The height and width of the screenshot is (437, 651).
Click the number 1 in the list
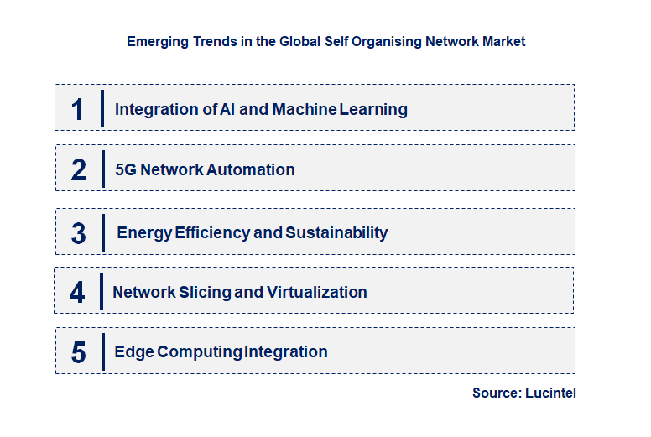(78, 109)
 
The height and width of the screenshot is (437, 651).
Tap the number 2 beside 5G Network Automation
(79, 169)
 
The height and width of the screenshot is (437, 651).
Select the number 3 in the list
(79, 233)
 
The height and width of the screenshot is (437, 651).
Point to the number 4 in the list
(77, 292)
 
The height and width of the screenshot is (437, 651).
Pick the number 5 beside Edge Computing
(79, 352)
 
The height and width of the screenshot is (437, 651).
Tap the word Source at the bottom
(495, 393)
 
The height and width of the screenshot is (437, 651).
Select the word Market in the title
(503, 41)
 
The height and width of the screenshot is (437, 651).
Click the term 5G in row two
(126, 169)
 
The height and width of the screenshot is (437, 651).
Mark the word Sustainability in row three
(336, 232)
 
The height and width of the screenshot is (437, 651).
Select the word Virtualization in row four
(317, 292)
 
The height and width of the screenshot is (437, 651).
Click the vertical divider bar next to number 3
(102, 232)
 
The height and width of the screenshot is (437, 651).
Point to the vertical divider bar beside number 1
(102, 108)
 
